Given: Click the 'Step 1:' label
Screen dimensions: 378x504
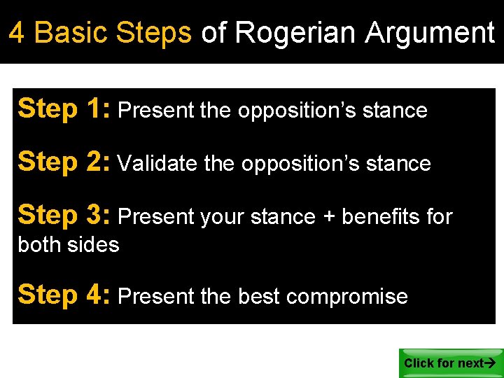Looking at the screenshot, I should pyautogui.click(x=64, y=109).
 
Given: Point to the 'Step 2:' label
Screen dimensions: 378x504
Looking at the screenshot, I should pyautogui.click(x=64, y=162).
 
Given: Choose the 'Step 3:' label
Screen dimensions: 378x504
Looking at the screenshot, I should pyautogui.click(x=64, y=216).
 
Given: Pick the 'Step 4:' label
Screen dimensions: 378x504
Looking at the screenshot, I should pyautogui.click(x=64, y=295).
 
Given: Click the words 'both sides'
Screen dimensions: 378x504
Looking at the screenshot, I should pyautogui.click(x=69, y=245).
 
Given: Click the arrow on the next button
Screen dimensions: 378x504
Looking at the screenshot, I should pyautogui.click(x=490, y=363).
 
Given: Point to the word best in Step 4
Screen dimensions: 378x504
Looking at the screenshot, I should pyautogui.click(x=259, y=297).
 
